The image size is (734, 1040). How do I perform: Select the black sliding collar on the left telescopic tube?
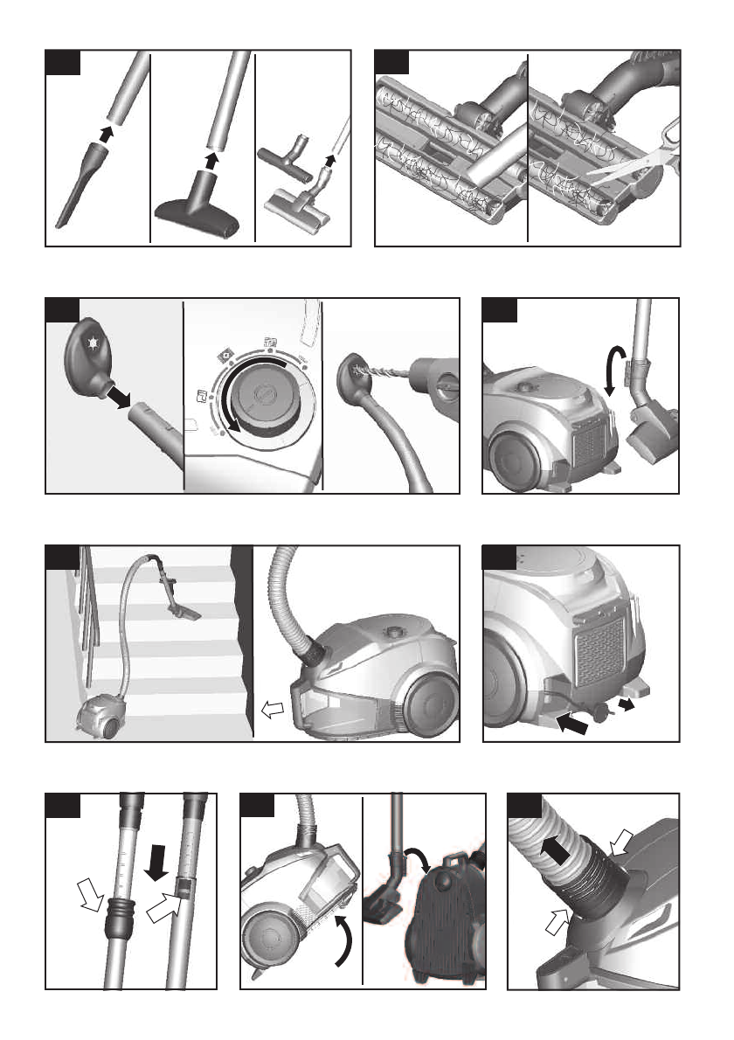tap(116, 923)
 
